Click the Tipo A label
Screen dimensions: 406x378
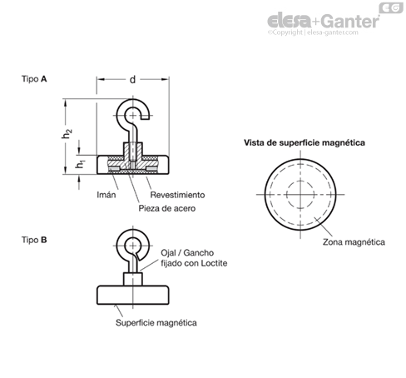click(x=34, y=79)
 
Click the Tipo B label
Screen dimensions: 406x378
click(x=34, y=240)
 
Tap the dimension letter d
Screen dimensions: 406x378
click(x=133, y=80)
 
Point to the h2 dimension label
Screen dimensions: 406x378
click(x=67, y=133)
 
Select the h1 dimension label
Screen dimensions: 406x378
click(x=80, y=164)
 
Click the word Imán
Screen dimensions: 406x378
click(x=106, y=195)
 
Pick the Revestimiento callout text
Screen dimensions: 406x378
click(x=177, y=195)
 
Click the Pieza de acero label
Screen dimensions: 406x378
click(x=167, y=208)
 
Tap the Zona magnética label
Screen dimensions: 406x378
click(x=354, y=242)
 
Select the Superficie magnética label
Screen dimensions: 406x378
click(x=156, y=323)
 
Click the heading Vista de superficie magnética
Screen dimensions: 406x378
click(x=304, y=142)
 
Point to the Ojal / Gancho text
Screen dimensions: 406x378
click(x=187, y=253)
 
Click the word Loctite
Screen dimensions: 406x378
click(x=214, y=263)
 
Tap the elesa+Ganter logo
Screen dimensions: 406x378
click(x=324, y=21)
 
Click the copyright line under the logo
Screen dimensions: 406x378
click(x=313, y=32)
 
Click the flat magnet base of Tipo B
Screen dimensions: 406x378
click(x=133, y=295)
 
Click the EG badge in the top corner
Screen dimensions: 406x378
click(x=391, y=8)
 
